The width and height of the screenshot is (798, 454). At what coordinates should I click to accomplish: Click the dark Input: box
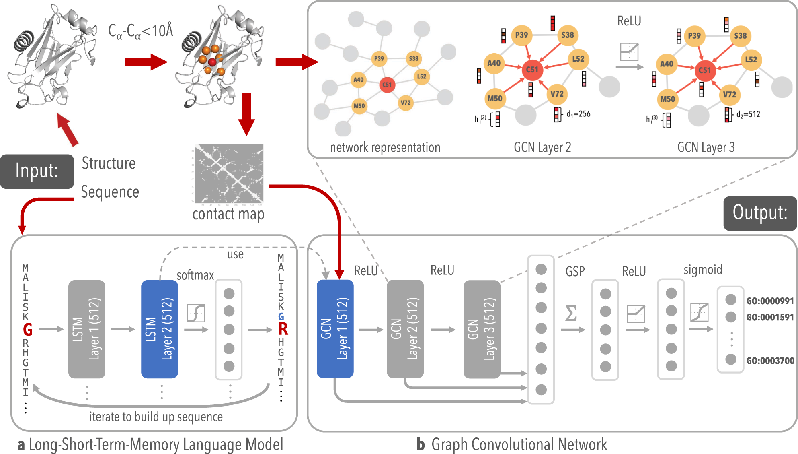pos(37,171)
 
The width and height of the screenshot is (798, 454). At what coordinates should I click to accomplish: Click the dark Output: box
pos(760,213)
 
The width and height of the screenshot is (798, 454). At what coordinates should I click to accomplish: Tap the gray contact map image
pos(228,173)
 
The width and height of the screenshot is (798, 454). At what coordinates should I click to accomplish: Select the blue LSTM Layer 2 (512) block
pos(160,329)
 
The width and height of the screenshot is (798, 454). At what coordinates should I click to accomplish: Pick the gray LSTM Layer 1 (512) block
pos(87,329)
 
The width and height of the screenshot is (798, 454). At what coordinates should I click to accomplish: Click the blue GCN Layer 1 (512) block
pos(335,328)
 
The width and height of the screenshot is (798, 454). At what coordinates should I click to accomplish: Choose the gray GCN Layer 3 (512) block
pos(482,329)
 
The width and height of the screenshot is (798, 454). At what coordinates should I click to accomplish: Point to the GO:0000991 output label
pos(770,301)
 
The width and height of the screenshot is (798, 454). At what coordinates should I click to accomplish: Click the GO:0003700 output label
pos(770,361)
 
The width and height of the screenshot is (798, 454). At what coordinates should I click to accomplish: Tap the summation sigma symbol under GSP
pos(571,314)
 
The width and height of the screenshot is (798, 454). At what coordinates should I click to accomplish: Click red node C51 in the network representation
pos(387,85)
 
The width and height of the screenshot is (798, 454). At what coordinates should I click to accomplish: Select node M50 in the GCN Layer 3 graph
pos(667,99)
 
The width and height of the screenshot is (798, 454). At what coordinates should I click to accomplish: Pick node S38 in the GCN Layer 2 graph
pos(567,35)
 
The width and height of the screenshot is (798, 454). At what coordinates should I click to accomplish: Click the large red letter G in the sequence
pos(27,330)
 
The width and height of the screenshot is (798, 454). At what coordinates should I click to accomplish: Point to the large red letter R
pos(283,329)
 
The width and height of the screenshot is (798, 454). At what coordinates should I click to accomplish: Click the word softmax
pos(195,275)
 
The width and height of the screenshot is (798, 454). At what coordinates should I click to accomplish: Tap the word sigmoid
pos(703,270)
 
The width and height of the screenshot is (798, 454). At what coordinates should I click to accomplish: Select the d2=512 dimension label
pos(748,114)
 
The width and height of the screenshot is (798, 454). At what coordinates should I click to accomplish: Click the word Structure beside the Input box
pos(109,163)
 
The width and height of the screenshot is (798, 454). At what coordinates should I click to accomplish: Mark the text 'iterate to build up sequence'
pos(156,417)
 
